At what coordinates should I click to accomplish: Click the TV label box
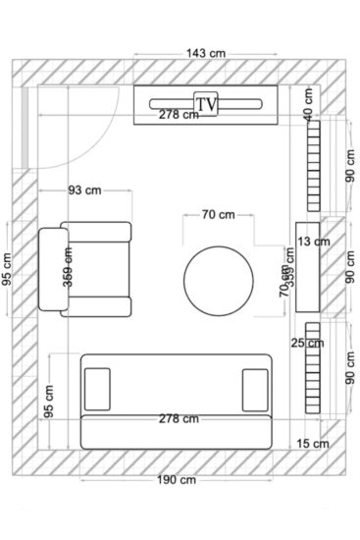pos(207,102)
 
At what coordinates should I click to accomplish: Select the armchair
pos(84,270)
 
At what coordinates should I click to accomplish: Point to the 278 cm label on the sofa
pos(177,418)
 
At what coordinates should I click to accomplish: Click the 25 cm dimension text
pos(308,343)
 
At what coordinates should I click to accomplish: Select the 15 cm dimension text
pos(313,445)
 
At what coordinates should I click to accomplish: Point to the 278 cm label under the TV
pos(178,115)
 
